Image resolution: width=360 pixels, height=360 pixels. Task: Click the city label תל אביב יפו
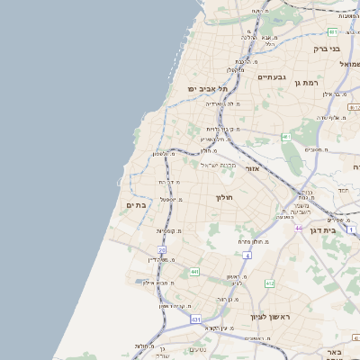(208, 89)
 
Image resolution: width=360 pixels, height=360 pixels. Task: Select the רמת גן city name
(310, 82)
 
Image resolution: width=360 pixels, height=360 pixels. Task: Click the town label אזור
(252, 168)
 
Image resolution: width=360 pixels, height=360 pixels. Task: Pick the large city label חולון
(224, 197)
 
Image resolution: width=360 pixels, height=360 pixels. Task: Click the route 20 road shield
(162, 249)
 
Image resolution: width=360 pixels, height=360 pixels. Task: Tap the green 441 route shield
(194, 271)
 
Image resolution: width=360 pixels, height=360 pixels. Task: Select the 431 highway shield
(195, 319)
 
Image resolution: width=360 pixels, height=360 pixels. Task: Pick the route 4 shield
(247, 255)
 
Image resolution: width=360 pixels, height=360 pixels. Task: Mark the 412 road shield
(269, 283)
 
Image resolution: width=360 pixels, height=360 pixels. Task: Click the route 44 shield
(298, 229)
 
